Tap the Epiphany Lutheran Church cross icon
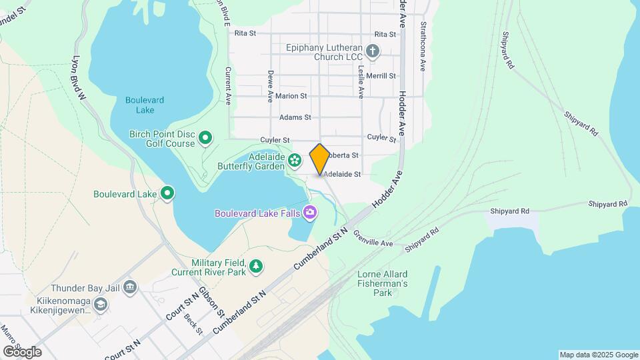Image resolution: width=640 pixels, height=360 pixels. [x=373, y=51]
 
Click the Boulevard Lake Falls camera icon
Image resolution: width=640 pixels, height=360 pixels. [x=309, y=213]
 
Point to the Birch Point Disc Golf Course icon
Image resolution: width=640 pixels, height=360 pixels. [x=206, y=139]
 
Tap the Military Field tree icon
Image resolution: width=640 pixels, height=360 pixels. [x=255, y=267]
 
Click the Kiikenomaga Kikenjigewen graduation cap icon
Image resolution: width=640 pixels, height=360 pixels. [x=100, y=305]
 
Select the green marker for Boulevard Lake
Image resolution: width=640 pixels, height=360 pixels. [x=168, y=194]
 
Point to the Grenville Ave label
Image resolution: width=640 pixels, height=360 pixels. [x=374, y=239]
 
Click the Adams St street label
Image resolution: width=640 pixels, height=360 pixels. [x=295, y=117]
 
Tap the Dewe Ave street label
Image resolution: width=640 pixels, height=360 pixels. [x=271, y=87]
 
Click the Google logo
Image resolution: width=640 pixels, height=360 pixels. [x=22, y=352]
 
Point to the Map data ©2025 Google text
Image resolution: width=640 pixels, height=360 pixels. [x=598, y=355]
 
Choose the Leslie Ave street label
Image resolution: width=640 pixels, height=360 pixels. [x=361, y=79]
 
